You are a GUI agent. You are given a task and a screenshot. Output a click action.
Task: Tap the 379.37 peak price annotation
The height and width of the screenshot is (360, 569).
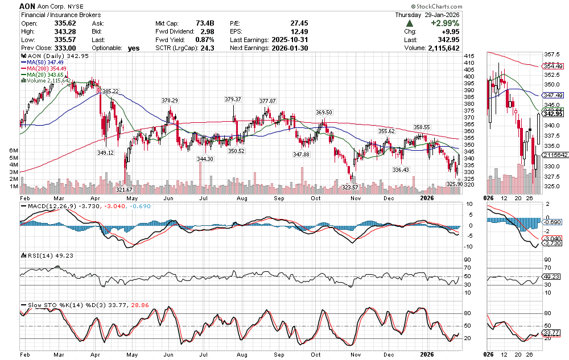tap(233, 99)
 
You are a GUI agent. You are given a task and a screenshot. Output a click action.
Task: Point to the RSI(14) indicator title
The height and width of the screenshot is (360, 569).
tap(38, 255)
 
